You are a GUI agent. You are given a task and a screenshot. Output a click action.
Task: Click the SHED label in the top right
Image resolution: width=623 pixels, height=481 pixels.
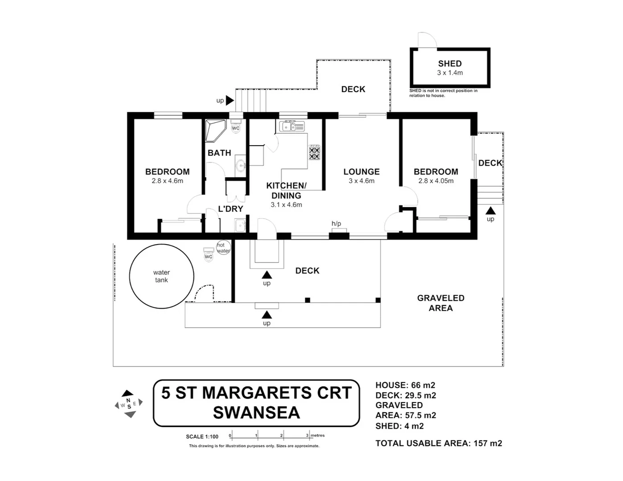[450, 64]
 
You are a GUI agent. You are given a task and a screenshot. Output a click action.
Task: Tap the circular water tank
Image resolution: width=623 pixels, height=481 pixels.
[161, 276]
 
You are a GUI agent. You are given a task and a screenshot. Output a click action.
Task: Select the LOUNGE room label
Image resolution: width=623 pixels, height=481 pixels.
[361, 171]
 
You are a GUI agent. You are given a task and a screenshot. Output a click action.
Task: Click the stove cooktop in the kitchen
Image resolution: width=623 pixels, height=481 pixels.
[315, 152]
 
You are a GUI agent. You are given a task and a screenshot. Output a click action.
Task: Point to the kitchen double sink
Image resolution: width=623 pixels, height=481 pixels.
[292, 126]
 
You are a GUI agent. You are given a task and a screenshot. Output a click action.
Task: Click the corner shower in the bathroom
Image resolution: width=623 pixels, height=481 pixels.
[214, 130]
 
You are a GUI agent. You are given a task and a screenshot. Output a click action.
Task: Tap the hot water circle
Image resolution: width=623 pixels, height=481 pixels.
[223, 248]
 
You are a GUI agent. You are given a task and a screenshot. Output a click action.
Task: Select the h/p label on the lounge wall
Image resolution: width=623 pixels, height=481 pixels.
[336, 224]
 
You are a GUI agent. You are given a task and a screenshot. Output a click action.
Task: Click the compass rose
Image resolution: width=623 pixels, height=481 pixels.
[129, 404]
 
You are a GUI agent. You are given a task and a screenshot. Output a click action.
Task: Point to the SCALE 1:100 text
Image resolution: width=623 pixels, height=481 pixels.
[202, 436]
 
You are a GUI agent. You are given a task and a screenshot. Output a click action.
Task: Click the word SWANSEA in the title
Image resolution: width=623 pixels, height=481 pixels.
[256, 413]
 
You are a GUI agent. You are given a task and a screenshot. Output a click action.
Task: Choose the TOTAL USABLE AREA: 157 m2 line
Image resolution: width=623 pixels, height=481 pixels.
[439, 443]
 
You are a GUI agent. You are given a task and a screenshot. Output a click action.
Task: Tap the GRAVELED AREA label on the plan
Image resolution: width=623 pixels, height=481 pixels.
[440, 303]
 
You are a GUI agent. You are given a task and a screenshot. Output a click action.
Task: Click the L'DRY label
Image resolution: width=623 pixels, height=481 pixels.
[230, 208]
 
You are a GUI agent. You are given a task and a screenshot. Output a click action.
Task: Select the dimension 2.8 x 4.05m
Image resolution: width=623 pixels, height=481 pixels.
[436, 181]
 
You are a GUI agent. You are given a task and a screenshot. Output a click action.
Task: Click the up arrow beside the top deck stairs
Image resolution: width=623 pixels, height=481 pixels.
[230, 101]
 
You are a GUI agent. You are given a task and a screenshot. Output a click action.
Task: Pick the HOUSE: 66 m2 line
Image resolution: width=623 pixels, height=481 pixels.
[405, 385]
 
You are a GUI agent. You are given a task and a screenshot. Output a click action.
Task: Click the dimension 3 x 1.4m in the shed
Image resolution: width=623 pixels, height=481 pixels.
[450, 73]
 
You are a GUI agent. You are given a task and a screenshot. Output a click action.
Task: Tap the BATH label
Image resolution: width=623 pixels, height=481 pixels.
[219, 153]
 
